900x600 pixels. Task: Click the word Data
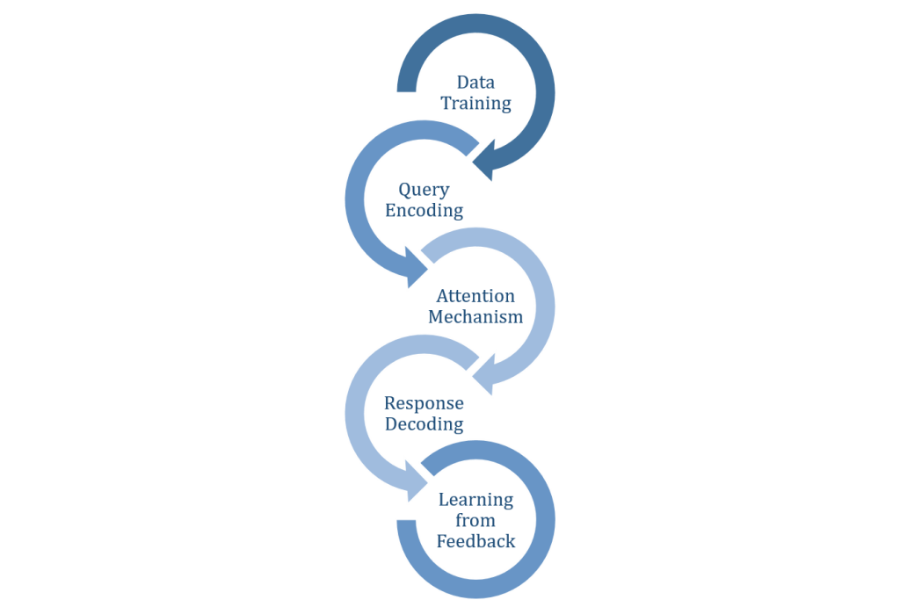coord(475,83)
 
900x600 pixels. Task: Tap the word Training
coord(475,104)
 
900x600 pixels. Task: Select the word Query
coord(424,190)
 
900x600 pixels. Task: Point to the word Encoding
coord(424,211)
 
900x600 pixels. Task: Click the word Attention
coord(475,296)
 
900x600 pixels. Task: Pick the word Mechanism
coord(475,317)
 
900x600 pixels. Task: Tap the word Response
coord(424,403)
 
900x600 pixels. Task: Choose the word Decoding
coord(424,424)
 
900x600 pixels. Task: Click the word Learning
coord(475,500)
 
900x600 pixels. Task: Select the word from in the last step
coord(475,520)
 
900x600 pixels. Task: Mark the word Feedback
coord(475,541)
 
